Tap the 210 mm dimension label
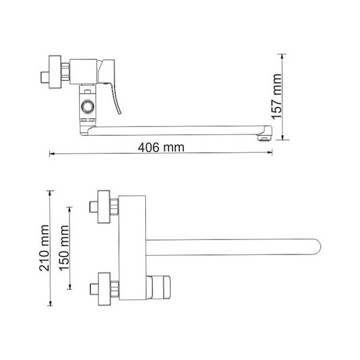point(44,246)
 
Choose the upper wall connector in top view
point(102,206)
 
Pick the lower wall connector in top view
point(102,287)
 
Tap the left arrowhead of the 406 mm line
point(52,153)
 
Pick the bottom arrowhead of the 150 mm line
point(71,287)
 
